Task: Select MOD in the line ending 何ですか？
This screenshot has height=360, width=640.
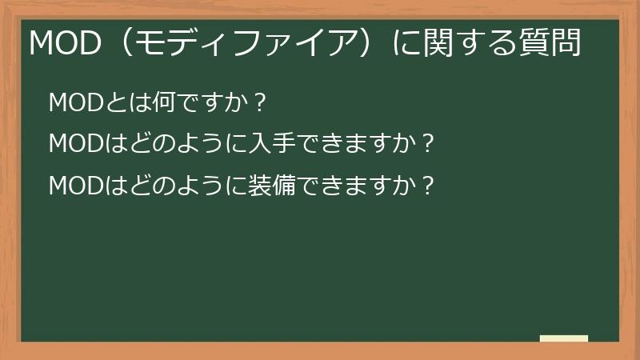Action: coord(70,103)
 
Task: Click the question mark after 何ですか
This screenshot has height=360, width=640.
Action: coord(258,103)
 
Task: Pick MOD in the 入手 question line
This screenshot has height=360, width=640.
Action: coord(70,145)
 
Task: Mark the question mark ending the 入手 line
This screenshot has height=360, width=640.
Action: coord(428,145)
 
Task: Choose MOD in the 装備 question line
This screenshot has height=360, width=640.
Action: coord(70,186)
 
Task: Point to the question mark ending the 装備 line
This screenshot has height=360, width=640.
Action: coord(428,186)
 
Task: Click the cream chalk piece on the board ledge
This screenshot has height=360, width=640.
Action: coord(563,338)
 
